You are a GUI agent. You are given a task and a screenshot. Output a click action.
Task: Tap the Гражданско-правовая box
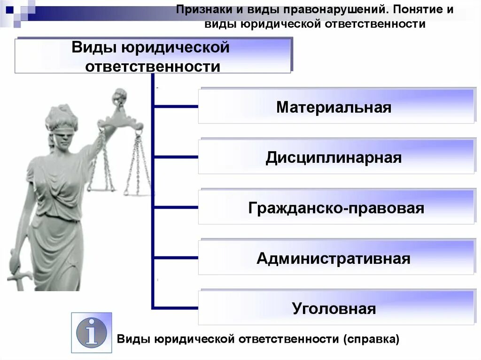(335, 207)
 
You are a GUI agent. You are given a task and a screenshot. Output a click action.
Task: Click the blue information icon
(92, 332)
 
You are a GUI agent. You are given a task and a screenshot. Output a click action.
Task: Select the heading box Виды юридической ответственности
(153, 56)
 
